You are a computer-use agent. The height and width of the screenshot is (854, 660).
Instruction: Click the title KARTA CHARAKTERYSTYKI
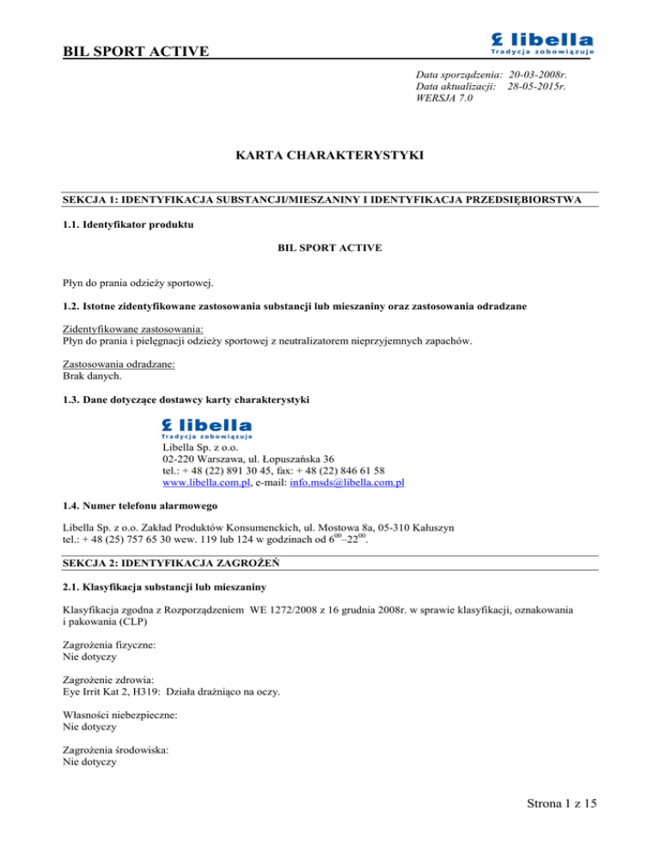coord(330,158)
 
